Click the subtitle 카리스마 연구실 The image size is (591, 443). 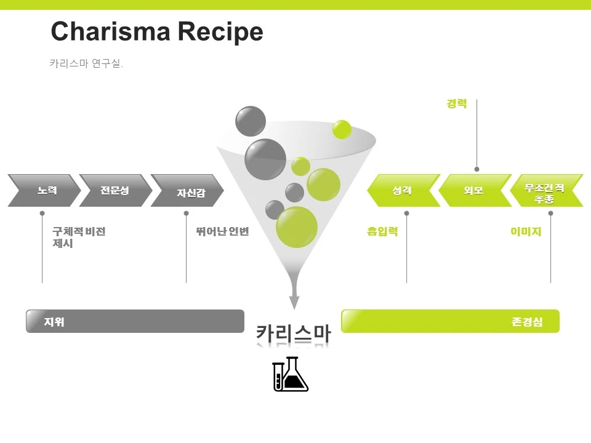pyautogui.click(x=86, y=63)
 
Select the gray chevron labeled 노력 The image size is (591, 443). pyautogui.click(x=44, y=190)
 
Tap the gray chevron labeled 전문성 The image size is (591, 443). pyautogui.click(x=115, y=190)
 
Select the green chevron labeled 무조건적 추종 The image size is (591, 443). pyautogui.click(x=545, y=191)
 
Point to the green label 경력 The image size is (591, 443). pyautogui.click(x=457, y=104)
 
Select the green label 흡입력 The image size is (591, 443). pyautogui.click(x=382, y=232)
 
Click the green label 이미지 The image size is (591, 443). pyautogui.click(x=526, y=232)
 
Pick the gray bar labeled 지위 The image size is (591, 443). pyautogui.click(x=135, y=321)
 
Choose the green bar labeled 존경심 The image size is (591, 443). pyautogui.click(x=450, y=321)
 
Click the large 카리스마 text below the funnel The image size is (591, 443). pyautogui.click(x=294, y=333)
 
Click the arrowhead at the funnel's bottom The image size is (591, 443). pyautogui.click(x=294, y=302)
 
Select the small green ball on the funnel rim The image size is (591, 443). pyautogui.click(x=342, y=129)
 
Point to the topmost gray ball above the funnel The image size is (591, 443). pyautogui.click(x=251, y=121)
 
